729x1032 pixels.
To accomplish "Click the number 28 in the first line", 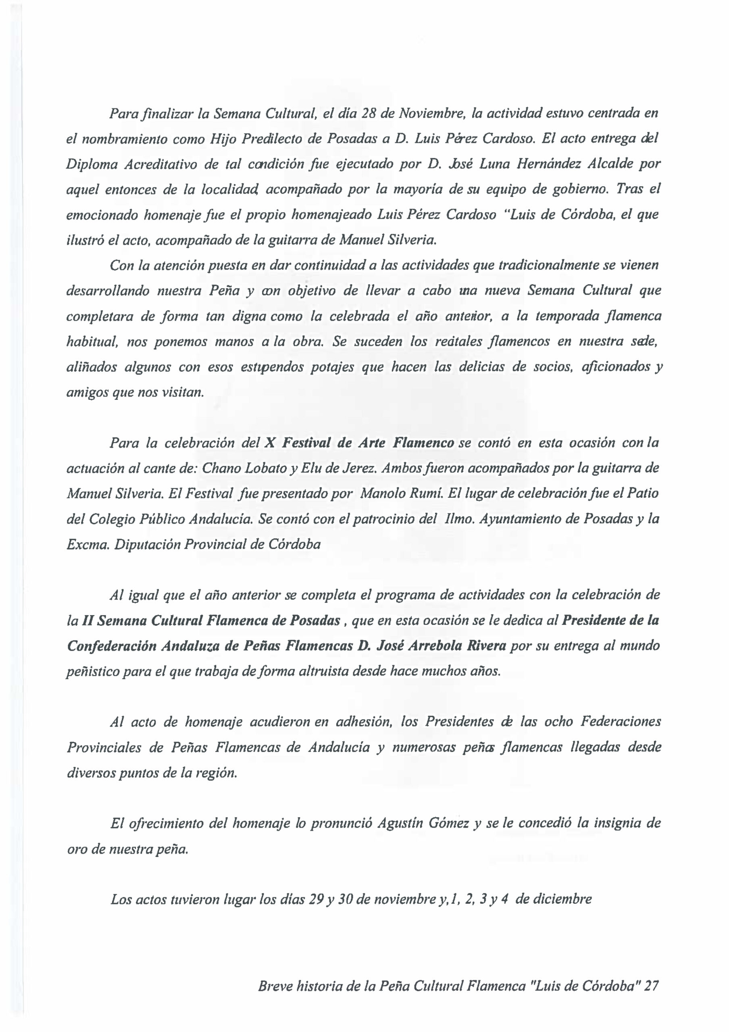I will coord(369,113).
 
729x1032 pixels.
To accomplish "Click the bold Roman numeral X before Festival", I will coord(269,443).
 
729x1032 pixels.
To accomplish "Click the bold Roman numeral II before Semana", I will coord(87,621).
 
